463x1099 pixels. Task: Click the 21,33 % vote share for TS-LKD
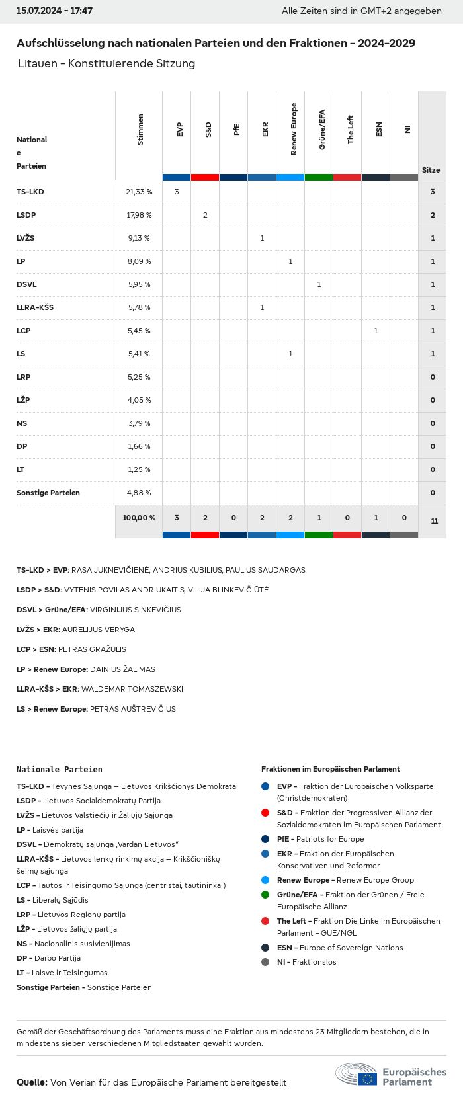point(139,192)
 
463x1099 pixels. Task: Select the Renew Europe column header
point(294,130)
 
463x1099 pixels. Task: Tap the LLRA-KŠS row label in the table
point(35,307)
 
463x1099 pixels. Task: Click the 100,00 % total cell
point(139,518)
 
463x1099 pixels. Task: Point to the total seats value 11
point(435,521)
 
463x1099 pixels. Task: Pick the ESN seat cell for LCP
point(376,331)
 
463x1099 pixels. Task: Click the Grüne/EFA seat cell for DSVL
point(319,284)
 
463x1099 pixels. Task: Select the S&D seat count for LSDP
point(205,215)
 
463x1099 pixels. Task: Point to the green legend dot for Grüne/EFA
point(265,895)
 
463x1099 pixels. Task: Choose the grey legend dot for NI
point(265,962)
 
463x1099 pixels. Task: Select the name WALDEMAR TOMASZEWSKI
point(132,689)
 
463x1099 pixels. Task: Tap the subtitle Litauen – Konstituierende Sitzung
point(107,63)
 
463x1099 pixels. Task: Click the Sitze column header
point(431,170)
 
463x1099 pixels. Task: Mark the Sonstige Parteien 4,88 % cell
point(139,493)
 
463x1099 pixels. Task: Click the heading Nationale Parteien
point(60,770)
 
